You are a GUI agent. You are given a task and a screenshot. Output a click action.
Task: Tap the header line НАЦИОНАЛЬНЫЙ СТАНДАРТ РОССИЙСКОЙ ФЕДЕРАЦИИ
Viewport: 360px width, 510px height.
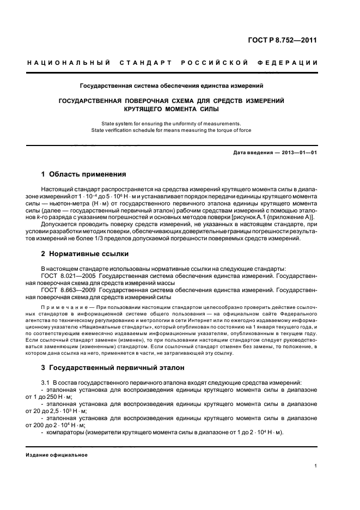173,63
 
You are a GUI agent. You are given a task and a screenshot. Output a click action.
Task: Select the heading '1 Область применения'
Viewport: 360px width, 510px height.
84,174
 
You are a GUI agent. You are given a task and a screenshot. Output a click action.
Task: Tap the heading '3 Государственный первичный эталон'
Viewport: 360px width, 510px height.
113,368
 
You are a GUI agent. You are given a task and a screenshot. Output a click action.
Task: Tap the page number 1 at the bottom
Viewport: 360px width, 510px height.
315,466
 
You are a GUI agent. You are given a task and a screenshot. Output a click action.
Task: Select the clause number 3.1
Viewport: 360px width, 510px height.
46,384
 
